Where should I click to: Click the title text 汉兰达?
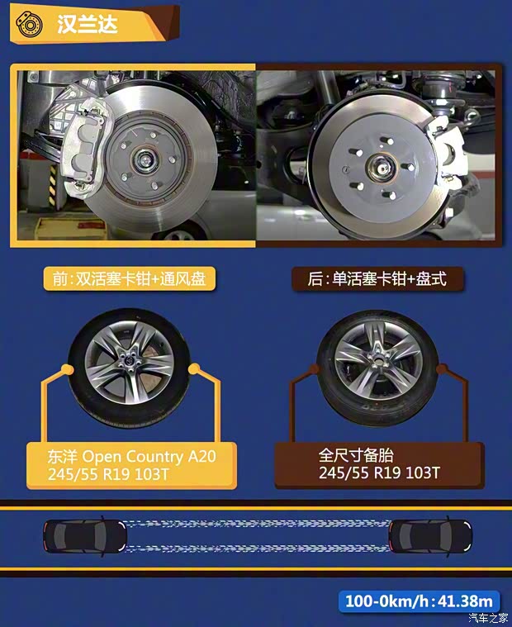(88, 23)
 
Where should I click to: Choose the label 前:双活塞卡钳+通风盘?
(129, 279)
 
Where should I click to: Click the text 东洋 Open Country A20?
(132, 455)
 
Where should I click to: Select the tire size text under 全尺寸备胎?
(379, 473)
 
